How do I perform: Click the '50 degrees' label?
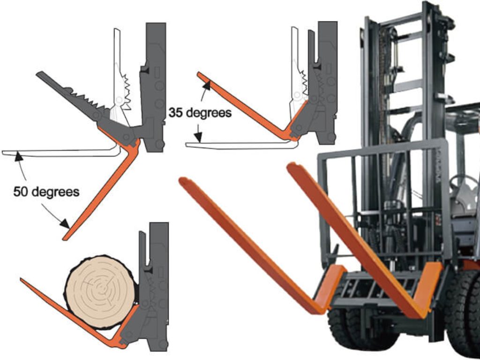[x=46, y=192]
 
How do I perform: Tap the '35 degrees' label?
[x=200, y=112]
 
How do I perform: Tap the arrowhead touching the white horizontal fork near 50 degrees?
[x=18, y=154]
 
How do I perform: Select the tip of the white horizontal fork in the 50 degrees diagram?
[x=4, y=152]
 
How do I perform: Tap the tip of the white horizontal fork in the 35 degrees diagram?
[x=187, y=145]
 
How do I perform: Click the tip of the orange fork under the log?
[x=22, y=281]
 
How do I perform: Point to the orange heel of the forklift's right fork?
[x=429, y=286]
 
